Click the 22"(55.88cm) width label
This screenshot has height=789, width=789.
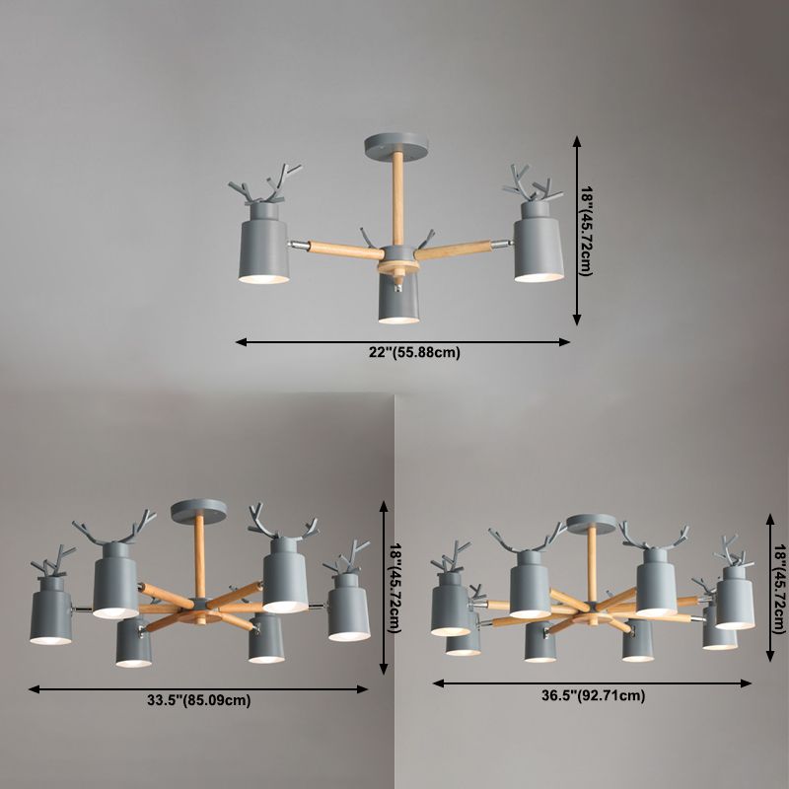414,353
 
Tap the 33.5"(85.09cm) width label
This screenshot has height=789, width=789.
199,700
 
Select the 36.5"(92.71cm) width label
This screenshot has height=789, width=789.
594,695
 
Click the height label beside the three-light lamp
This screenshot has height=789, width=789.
587,231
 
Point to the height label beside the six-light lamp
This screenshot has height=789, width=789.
394,588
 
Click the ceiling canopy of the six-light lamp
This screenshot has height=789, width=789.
198,510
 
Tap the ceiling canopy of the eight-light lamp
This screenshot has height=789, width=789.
591,524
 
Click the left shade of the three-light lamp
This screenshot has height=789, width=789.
263,244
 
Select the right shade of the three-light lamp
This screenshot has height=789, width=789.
538,242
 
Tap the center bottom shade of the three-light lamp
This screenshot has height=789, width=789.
398,298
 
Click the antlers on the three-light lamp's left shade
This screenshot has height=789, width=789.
265,183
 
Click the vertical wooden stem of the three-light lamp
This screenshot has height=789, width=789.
397,199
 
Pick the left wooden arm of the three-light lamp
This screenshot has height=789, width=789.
345,250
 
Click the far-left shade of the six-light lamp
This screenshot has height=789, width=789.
51,610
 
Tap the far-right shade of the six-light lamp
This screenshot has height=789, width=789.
349,608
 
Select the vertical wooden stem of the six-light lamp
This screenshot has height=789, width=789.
200,554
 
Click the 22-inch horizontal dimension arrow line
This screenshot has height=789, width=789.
402,342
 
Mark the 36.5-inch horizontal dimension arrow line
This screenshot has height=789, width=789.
592,683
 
